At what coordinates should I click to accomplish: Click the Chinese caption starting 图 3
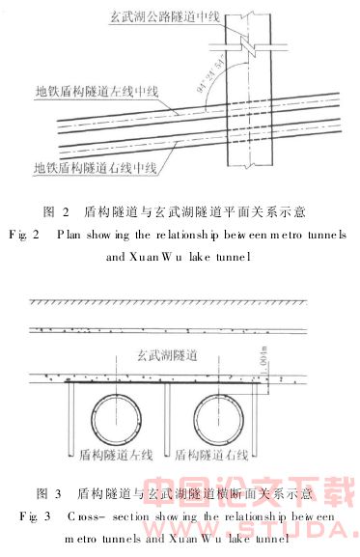pos(179,493)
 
